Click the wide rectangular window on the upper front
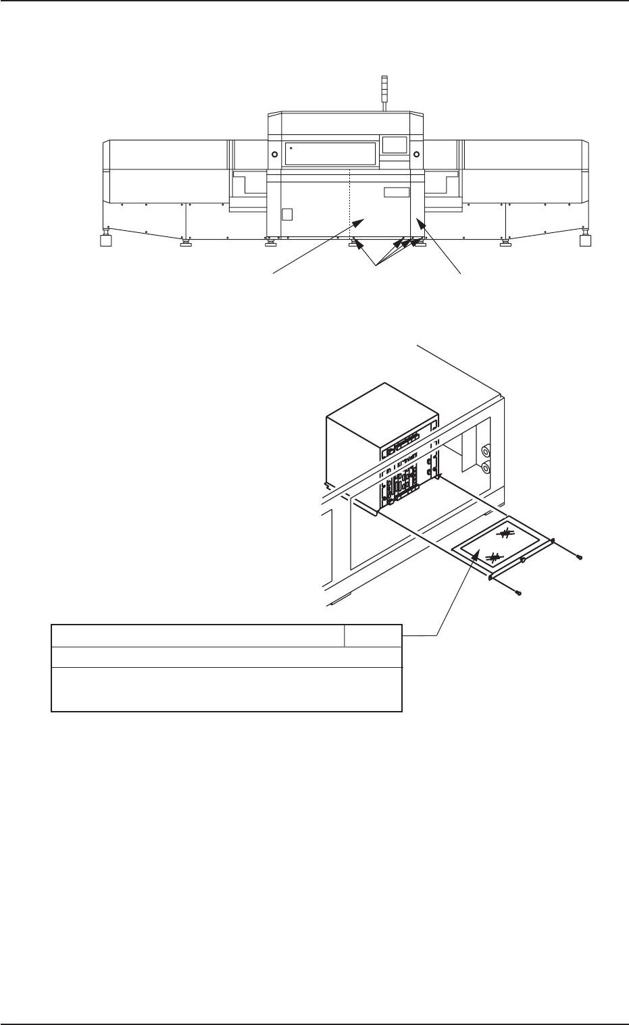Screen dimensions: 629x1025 (330, 153)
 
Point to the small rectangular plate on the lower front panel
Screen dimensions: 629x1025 (396, 192)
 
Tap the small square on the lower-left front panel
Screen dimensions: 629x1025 (286, 215)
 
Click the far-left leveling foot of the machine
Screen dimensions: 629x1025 (105, 241)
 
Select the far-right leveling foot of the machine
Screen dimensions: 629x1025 (585, 241)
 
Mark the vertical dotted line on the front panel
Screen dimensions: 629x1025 (349, 203)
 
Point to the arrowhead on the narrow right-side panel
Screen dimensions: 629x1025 (421, 222)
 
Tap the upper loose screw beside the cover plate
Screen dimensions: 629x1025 (580, 558)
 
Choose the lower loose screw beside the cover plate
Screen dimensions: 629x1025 (518, 592)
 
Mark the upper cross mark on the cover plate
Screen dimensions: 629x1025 (504, 533)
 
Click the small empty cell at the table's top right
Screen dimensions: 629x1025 (373, 635)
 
